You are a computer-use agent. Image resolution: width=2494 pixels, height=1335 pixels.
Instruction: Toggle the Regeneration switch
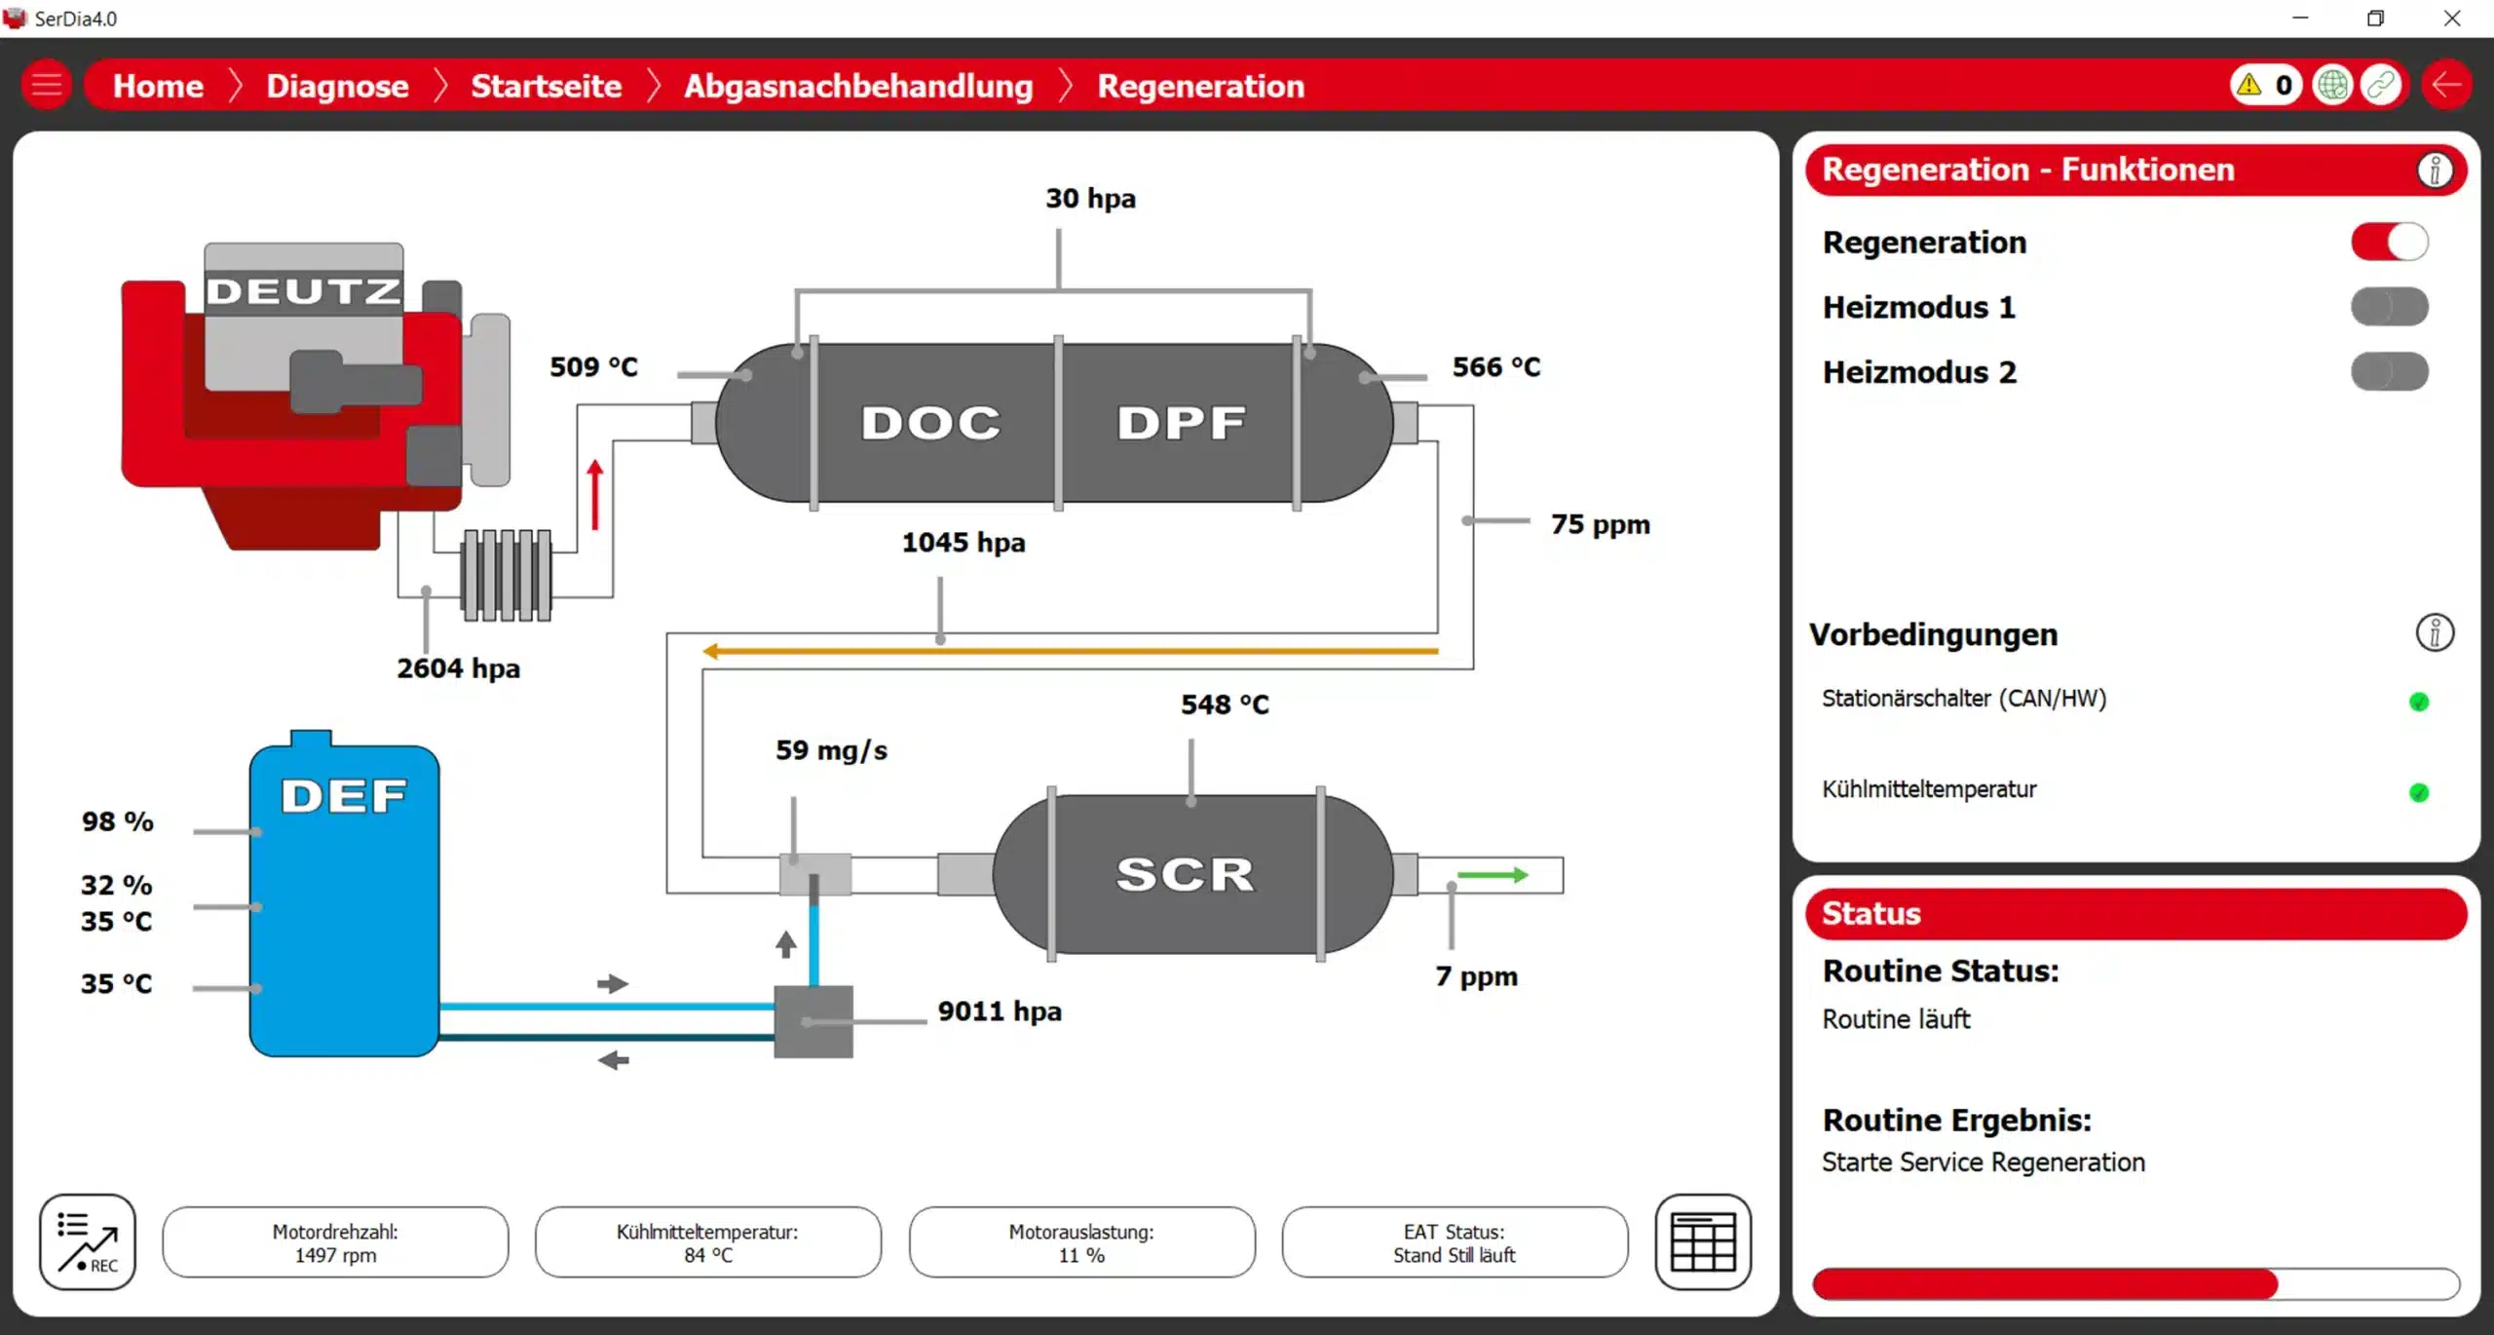point(2389,242)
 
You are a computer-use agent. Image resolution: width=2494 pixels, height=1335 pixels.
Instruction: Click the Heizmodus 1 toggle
point(2389,307)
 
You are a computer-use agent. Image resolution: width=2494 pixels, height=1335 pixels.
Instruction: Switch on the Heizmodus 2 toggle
point(2389,371)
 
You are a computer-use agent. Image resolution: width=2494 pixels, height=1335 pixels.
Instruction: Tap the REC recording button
point(88,1241)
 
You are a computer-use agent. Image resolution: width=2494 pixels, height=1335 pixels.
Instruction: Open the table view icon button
point(1702,1241)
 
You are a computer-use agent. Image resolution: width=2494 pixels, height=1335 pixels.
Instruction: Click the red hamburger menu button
point(46,86)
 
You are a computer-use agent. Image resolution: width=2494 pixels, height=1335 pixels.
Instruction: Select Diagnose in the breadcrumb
point(337,86)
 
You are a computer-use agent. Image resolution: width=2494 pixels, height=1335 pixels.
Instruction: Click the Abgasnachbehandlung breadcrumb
point(857,86)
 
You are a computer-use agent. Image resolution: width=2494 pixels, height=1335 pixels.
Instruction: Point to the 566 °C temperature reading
point(1496,366)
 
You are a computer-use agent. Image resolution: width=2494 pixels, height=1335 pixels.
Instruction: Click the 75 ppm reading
point(1600,524)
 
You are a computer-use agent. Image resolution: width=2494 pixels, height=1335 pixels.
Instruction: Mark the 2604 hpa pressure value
point(458,668)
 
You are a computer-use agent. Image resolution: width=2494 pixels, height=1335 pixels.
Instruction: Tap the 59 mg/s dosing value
point(831,750)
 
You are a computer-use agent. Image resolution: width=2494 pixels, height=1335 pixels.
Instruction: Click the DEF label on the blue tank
point(344,796)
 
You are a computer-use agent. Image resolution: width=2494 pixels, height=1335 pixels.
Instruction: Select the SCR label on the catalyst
point(1185,874)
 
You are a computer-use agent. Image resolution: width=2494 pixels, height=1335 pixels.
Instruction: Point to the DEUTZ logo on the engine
point(303,290)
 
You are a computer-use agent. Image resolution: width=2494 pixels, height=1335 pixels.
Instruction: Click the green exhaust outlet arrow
point(1492,875)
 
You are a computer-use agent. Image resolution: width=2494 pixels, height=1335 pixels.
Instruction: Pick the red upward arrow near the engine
point(595,495)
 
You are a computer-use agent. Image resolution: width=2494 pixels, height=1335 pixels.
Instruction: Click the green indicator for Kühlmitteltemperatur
point(2418,792)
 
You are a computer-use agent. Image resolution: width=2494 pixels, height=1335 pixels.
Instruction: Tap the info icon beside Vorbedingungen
point(2434,633)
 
